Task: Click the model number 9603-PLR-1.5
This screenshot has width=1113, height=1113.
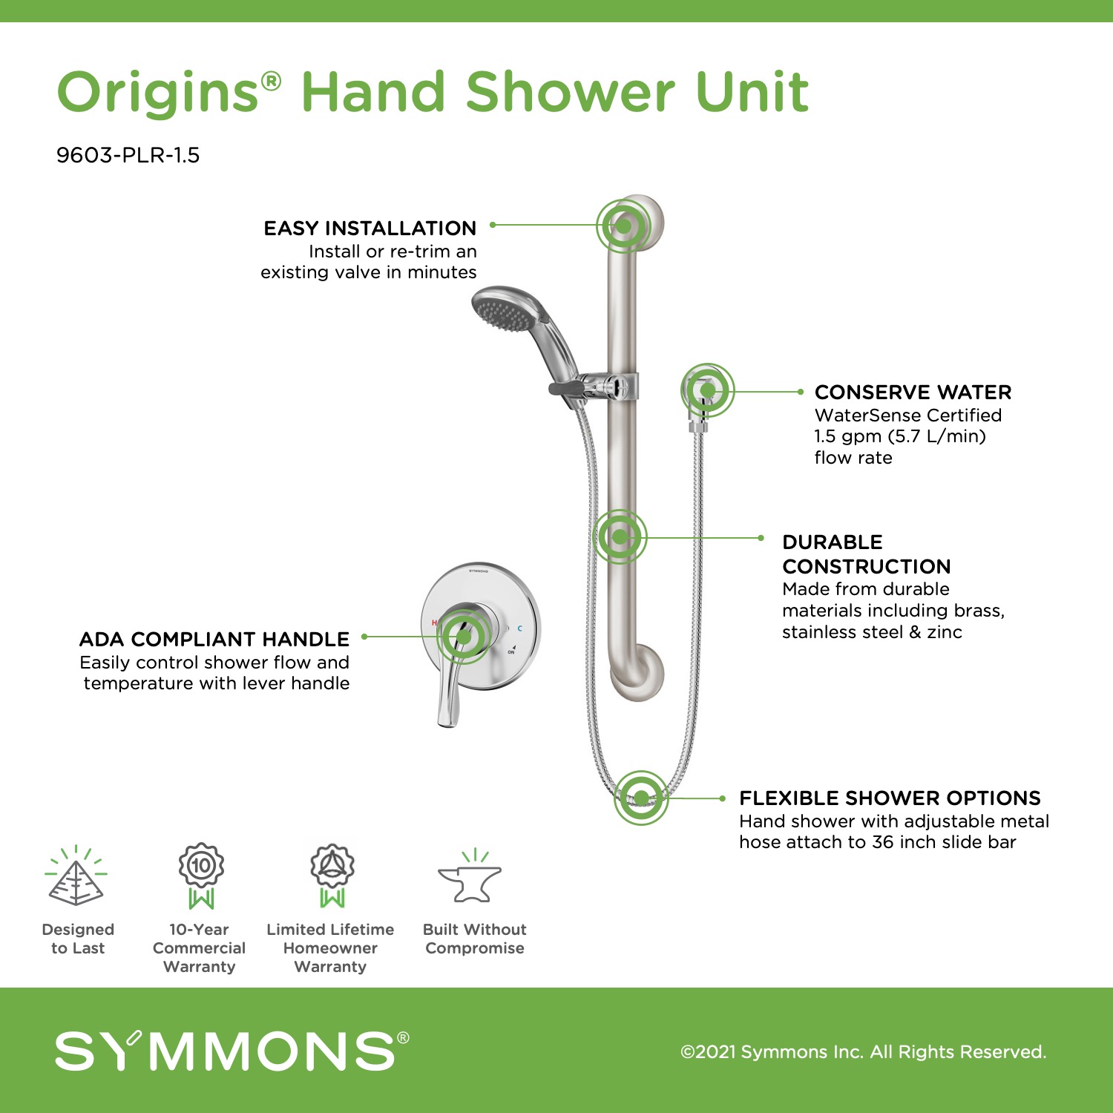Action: coord(128,155)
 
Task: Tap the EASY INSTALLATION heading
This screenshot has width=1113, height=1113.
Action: coord(370,229)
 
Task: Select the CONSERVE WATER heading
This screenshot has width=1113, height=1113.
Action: coord(913,393)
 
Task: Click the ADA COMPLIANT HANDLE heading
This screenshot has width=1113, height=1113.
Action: coord(214,640)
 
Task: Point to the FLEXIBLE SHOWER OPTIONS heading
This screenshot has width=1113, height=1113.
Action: coord(890,798)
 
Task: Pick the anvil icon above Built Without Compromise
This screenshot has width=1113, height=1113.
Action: coord(470,877)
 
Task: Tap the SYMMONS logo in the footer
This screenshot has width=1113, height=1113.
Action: coord(232,1050)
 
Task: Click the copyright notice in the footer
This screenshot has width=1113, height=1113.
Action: coord(863,1052)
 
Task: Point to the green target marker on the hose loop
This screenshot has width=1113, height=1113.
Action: coord(641,798)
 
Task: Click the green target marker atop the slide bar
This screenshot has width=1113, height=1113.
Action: coord(624,225)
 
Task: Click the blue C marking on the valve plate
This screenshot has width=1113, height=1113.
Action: coord(519,628)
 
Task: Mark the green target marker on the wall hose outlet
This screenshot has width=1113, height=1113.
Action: coord(707,390)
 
